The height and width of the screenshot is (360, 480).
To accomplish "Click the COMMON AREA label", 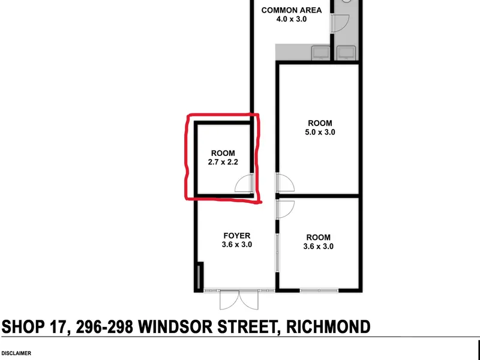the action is coord(292,10).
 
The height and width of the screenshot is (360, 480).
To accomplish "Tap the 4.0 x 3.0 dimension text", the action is coord(292,19).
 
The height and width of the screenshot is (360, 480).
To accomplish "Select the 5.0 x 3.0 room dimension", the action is coord(320,132).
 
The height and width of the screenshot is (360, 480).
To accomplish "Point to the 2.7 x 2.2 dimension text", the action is coord(223,162).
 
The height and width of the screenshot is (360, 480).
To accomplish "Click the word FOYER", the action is coord(237,236).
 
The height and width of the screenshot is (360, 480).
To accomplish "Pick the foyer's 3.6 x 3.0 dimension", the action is coord(237,245).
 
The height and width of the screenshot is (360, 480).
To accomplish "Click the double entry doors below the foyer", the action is coord(239,299).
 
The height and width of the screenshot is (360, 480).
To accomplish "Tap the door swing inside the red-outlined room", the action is coord(244,183).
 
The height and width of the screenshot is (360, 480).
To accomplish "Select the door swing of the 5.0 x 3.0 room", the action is coord(286,183).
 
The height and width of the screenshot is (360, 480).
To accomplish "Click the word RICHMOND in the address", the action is coord(328,326).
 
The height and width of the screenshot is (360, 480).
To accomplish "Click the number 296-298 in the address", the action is coord(104,326).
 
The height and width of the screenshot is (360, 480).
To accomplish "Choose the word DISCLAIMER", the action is coord(16,353).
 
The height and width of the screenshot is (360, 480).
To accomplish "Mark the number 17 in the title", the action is coord(58,326).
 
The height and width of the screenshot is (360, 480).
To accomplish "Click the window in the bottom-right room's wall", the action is coord(319,290).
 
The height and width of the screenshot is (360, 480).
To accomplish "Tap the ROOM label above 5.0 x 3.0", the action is coord(320,124).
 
